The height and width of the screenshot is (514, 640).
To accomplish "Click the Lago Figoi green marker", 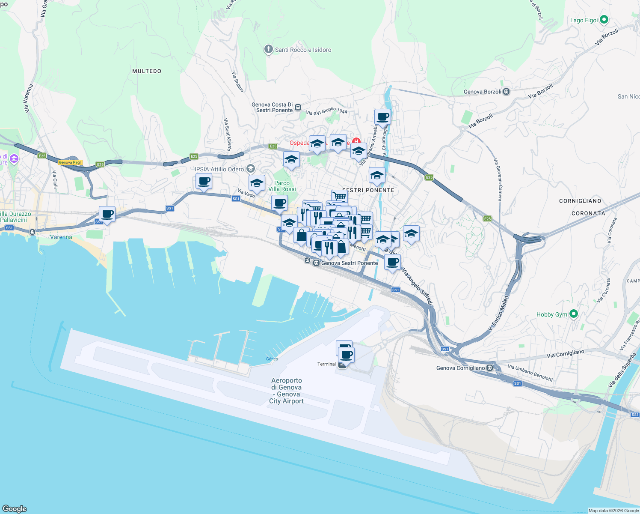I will click(604, 20).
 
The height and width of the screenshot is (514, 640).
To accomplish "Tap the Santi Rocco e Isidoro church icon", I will click(268, 50).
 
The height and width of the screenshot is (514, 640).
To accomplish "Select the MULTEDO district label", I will click(147, 71).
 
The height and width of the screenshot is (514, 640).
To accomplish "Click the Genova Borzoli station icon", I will click(507, 92).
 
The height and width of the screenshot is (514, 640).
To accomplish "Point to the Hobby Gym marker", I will click(574, 314).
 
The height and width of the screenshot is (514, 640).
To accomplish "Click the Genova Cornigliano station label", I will click(460, 368).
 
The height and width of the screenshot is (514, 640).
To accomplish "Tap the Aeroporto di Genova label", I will click(286, 391).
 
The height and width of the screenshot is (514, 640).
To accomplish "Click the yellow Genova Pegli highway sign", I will click(70, 162).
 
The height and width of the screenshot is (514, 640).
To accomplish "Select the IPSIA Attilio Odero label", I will click(219, 169).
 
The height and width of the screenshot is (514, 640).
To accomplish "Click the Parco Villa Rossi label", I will click(282, 186).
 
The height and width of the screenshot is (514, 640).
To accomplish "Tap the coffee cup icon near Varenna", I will click(107, 214).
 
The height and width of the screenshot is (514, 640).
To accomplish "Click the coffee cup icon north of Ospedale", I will click(382, 117).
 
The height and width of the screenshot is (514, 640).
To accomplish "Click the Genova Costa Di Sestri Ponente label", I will click(273, 108).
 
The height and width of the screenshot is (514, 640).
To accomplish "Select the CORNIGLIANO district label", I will click(580, 201).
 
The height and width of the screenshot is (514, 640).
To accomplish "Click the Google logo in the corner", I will click(15, 508).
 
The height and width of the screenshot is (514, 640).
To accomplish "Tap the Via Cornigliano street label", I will click(565, 354).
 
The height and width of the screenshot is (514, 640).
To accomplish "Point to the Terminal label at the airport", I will click(326, 364).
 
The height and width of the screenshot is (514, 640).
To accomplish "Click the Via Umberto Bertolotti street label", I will click(530, 373).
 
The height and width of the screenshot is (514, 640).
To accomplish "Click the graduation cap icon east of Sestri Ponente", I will click(411, 234).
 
